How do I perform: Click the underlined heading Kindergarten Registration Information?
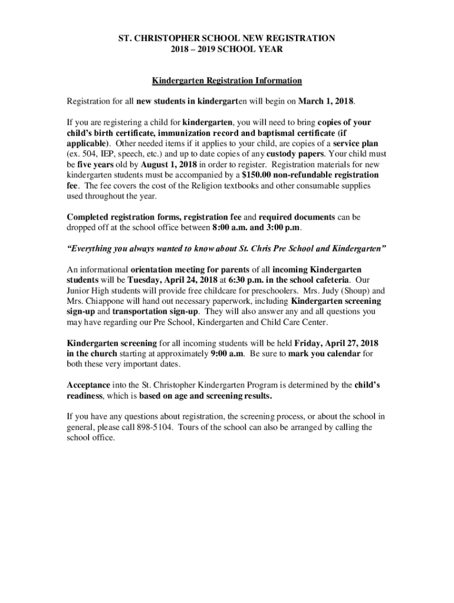point(227,81)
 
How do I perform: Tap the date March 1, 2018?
point(326,101)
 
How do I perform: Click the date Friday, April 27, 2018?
point(336,343)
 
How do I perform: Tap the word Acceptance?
point(88,385)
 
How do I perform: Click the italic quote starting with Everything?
point(227,249)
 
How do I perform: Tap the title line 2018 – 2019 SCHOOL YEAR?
point(227,49)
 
